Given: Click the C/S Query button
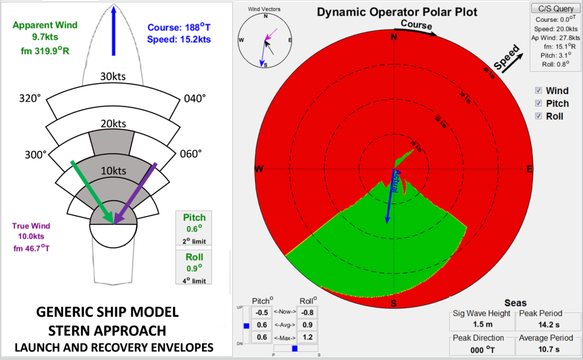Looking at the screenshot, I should point(556,9).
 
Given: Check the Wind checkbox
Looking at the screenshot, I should point(539,91).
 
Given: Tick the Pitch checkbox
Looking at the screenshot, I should point(539,104).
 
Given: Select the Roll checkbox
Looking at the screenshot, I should point(539,116).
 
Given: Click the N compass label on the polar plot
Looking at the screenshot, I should point(393,38).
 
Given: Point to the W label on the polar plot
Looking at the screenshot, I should point(258,169).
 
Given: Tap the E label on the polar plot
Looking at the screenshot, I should point(529,169).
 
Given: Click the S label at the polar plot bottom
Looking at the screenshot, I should point(393,303).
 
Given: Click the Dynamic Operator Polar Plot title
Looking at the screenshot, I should point(397,11).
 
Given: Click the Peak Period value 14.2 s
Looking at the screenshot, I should point(548,325).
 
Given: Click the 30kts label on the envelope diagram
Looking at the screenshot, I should point(113,77).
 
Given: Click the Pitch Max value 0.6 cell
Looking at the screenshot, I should point(262,337).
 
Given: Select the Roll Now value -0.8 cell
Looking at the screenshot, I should point(307,312).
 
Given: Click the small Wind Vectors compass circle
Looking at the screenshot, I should point(265,40).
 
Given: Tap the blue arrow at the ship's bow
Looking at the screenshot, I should point(113,31).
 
